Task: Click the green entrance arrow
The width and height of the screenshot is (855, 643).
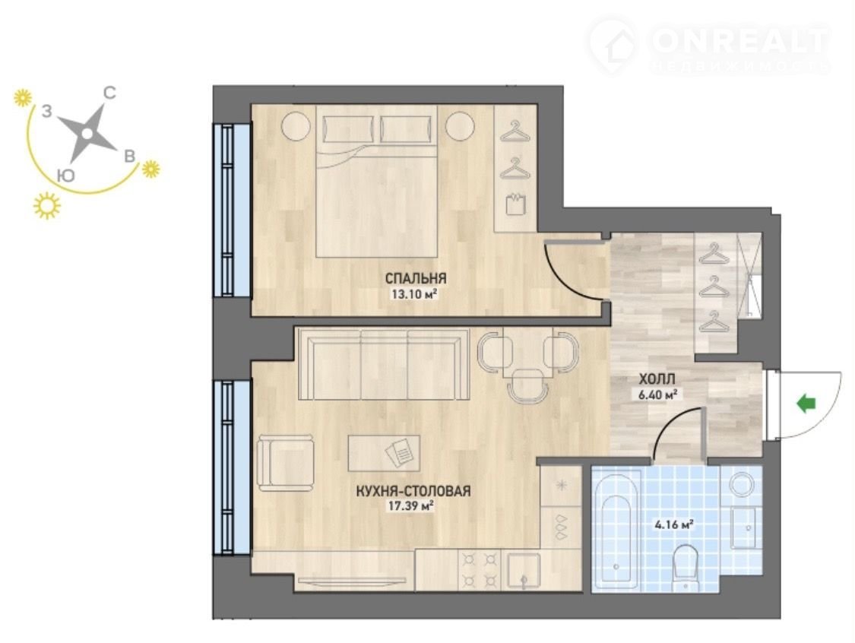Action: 806,404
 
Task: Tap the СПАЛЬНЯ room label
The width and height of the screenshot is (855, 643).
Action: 416,278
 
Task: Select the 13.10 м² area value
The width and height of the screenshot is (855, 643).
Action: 414,294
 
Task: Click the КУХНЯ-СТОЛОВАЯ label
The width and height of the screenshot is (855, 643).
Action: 413,491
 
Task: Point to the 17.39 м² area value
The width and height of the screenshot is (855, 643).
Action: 410,506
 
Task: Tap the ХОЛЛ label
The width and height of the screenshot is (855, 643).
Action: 657,379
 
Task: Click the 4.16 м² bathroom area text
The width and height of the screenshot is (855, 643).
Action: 673,525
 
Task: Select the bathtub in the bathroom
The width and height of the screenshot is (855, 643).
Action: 616,532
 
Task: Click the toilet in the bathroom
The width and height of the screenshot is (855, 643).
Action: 686,567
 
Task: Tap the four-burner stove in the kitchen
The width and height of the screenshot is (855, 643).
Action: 480,571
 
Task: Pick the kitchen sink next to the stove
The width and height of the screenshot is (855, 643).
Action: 524,572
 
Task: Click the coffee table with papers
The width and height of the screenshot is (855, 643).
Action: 385,453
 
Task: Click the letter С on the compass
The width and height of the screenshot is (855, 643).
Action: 109,93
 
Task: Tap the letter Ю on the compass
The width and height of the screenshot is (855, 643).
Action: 65,175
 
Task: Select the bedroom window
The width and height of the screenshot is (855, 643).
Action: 233,210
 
